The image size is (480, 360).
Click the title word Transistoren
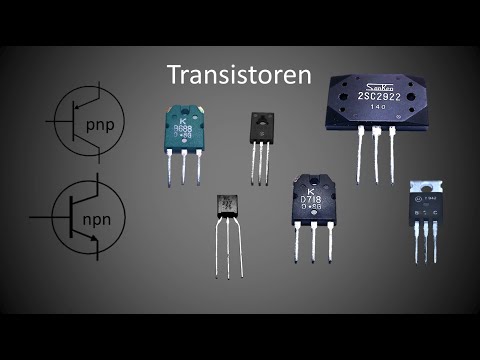[x=240, y=76]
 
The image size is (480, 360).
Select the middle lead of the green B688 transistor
[x=182, y=170]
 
